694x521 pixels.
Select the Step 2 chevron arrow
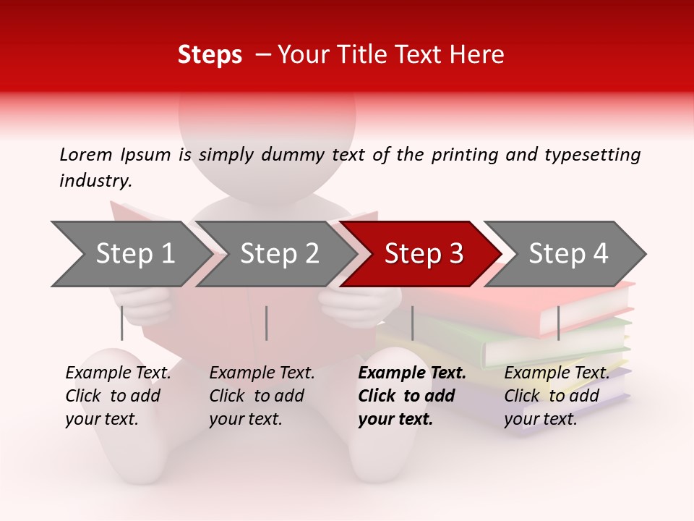(x=279, y=254)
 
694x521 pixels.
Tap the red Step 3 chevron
(x=424, y=254)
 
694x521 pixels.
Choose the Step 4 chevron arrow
(x=568, y=254)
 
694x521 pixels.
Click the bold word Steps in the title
(x=210, y=55)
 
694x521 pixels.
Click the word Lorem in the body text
(x=86, y=154)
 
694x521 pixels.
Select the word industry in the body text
(x=95, y=181)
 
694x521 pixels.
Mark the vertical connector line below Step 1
(x=122, y=323)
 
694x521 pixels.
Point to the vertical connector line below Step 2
(x=267, y=323)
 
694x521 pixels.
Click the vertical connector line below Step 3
(x=412, y=323)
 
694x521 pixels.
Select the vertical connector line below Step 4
(x=559, y=323)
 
